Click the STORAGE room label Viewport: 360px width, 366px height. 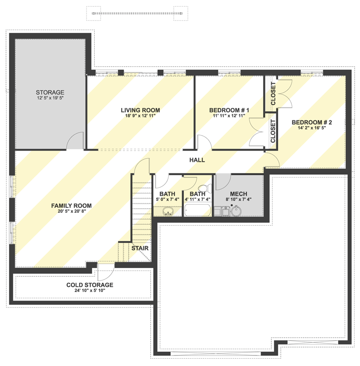point(50,92)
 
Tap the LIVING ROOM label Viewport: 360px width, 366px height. point(140,110)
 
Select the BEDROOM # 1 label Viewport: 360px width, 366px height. point(229,110)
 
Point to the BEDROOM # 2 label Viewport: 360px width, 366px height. point(312,123)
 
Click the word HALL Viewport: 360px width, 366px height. point(197,160)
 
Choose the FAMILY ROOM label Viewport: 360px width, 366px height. point(71,206)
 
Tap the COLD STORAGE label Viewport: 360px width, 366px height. point(90,285)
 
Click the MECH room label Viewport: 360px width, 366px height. point(239,194)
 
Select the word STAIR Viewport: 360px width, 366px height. point(140,248)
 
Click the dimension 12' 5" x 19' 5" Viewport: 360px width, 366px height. point(50,98)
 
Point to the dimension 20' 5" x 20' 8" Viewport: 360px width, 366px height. point(71,212)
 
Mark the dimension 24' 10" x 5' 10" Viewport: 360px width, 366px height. point(90,291)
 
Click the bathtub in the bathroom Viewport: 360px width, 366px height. point(198,211)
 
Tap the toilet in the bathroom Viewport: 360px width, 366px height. point(204,188)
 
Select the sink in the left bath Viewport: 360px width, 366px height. point(168,211)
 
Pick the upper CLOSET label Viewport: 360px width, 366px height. point(273,94)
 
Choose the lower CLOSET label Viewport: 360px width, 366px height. point(273,131)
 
